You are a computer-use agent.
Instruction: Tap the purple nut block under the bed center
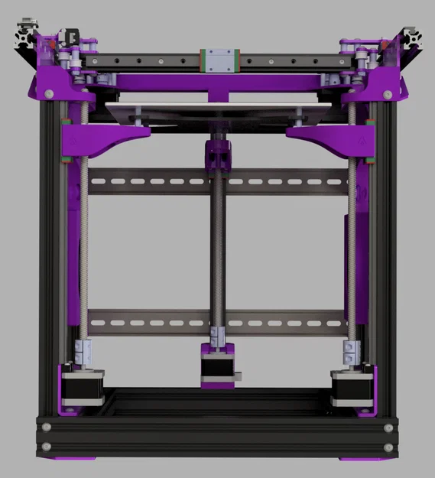pyautogui.click(x=217, y=154)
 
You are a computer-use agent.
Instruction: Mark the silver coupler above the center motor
pyautogui.click(x=217, y=334)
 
